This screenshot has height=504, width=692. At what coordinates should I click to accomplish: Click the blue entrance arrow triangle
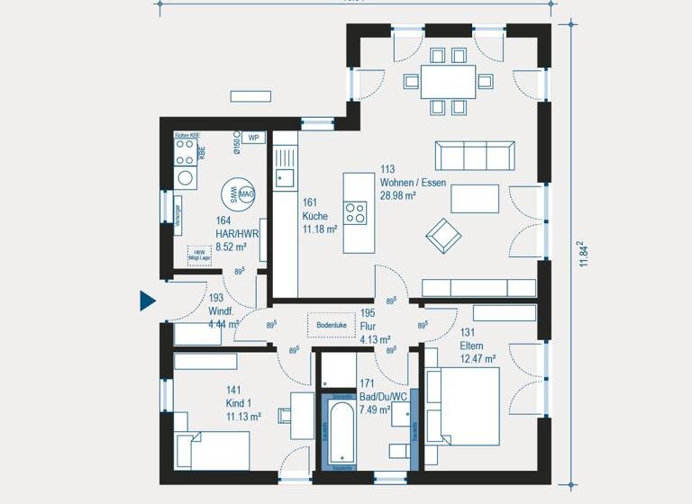(x=147, y=301)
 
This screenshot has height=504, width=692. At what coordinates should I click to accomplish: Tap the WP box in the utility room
(x=253, y=138)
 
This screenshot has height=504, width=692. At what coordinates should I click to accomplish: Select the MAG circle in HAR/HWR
(x=246, y=193)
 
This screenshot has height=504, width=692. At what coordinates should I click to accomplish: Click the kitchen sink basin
(x=285, y=177)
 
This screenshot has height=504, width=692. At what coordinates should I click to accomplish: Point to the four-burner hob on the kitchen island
(x=355, y=212)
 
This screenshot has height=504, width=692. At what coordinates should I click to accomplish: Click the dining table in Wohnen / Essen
(x=448, y=81)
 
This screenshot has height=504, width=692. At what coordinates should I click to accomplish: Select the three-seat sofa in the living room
(x=474, y=156)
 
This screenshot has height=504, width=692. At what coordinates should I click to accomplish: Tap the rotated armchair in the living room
(x=443, y=236)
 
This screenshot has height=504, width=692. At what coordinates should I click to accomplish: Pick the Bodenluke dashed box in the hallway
(x=332, y=324)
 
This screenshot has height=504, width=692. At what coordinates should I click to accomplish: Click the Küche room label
(x=314, y=216)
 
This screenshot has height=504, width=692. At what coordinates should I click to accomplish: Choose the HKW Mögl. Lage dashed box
(x=199, y=255)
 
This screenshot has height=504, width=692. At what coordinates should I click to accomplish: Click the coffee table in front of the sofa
(x=474, y=198)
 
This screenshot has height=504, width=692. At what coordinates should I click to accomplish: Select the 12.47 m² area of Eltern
(x=479, y=358)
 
